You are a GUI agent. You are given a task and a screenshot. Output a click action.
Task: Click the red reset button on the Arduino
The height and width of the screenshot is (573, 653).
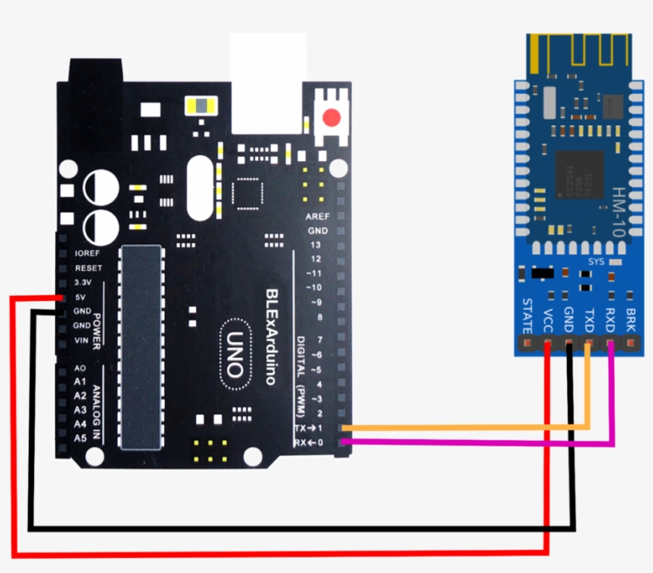(331, 119)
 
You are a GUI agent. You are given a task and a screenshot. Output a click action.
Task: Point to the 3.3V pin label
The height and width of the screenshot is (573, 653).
(83, 282)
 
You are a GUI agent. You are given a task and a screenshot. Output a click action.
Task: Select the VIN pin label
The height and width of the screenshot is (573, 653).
(81, 340)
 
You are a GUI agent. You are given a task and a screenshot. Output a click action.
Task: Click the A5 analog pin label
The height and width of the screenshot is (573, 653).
(80, 438)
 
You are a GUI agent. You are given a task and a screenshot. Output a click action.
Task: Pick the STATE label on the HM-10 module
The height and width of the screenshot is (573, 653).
(527, 316)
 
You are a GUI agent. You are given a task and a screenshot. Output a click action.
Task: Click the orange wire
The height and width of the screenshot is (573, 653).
(478, 428)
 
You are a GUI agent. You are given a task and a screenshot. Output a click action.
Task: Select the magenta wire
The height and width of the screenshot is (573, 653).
(478, 442)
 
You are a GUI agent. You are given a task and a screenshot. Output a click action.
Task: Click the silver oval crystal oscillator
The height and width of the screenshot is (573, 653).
(200, 187)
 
